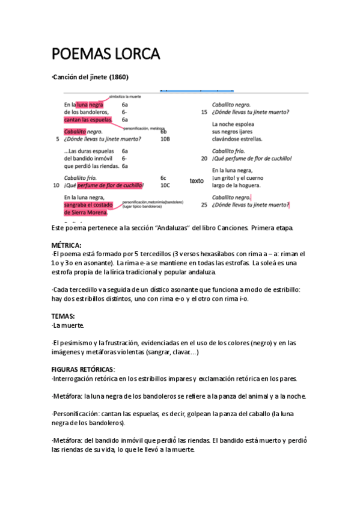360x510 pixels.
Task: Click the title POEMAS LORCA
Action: point(106,55)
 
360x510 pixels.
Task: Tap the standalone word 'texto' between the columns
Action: point(197,181)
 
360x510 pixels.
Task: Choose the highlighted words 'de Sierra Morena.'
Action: point(86,212)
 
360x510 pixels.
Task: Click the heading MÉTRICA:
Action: point(66,245)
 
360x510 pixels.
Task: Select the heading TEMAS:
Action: point(63,316)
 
